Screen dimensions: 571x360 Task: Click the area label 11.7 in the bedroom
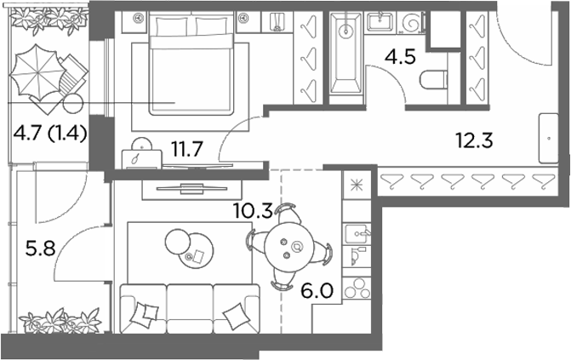click(x=187, y=149)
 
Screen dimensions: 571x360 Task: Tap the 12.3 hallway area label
click(x=474, y=140)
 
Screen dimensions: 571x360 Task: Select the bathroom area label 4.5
click(x=401, y=57)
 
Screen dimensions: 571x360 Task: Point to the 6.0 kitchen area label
click(x=317, y=291)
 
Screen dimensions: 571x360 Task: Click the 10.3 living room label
click(x=253, y=210)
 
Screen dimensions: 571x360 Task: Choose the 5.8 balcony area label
click(x=41, y=249)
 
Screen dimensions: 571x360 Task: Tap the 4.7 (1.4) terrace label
click(x=50, y=133)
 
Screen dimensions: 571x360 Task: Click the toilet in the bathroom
click(x=433, y=80)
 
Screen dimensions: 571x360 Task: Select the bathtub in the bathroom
click(x=345, y=54)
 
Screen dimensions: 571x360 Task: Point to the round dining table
click(x=289, y=247)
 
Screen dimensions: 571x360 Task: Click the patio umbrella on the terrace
click(x=35, y=71)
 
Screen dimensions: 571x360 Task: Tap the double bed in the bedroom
click(x=191, y=63)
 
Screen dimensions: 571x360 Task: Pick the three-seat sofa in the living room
click(x=190, y=309)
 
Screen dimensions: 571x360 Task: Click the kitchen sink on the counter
click(x=357, y=234)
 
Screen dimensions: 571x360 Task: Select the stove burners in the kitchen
click(x=357, y=288)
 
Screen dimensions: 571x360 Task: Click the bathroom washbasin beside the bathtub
click(x=380, y=22)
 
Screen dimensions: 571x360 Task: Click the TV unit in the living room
click(x=191, y=189)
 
